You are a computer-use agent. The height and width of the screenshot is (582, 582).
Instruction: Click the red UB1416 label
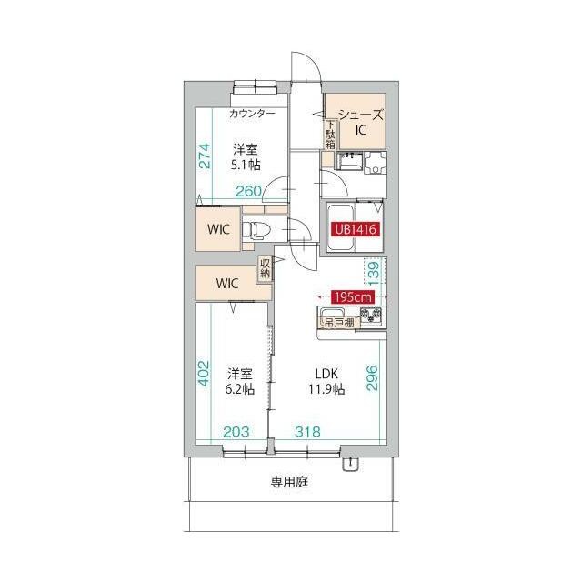coord(356,229)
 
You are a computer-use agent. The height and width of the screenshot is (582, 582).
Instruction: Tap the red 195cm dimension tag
coord(353,297)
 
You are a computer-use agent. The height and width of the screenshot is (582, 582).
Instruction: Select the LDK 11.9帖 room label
coord(326,381)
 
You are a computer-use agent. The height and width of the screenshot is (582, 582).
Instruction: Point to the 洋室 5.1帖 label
coord(246,156)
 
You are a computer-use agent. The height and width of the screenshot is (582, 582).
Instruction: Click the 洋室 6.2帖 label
coord(240,381)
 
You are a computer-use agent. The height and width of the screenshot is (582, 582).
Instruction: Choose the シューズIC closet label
coord(361,122)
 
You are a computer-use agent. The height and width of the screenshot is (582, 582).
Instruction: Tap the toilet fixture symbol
coord(256,230)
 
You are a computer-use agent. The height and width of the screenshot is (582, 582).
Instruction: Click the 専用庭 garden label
coord(289,482)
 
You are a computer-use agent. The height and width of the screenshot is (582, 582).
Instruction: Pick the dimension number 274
coord(205,156)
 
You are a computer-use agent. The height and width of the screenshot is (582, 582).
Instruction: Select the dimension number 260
coord(249,191)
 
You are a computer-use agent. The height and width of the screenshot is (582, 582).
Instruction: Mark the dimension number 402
coord(204,374)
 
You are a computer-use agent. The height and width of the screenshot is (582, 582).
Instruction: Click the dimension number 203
coord(236,432)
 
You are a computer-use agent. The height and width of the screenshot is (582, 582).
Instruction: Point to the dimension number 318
coord(307,432)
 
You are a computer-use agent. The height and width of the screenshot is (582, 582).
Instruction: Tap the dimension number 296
coord(372,378)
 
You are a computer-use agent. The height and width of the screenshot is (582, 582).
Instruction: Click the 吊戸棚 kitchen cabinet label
coord(339,323)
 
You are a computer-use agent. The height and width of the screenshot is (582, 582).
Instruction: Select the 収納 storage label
coord(265,269)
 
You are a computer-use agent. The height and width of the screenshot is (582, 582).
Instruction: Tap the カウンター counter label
coord(253,113)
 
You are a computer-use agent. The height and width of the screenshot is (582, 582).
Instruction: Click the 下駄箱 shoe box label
coord(330,135)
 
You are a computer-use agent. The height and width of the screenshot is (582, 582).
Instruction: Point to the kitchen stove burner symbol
coord(372,316)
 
